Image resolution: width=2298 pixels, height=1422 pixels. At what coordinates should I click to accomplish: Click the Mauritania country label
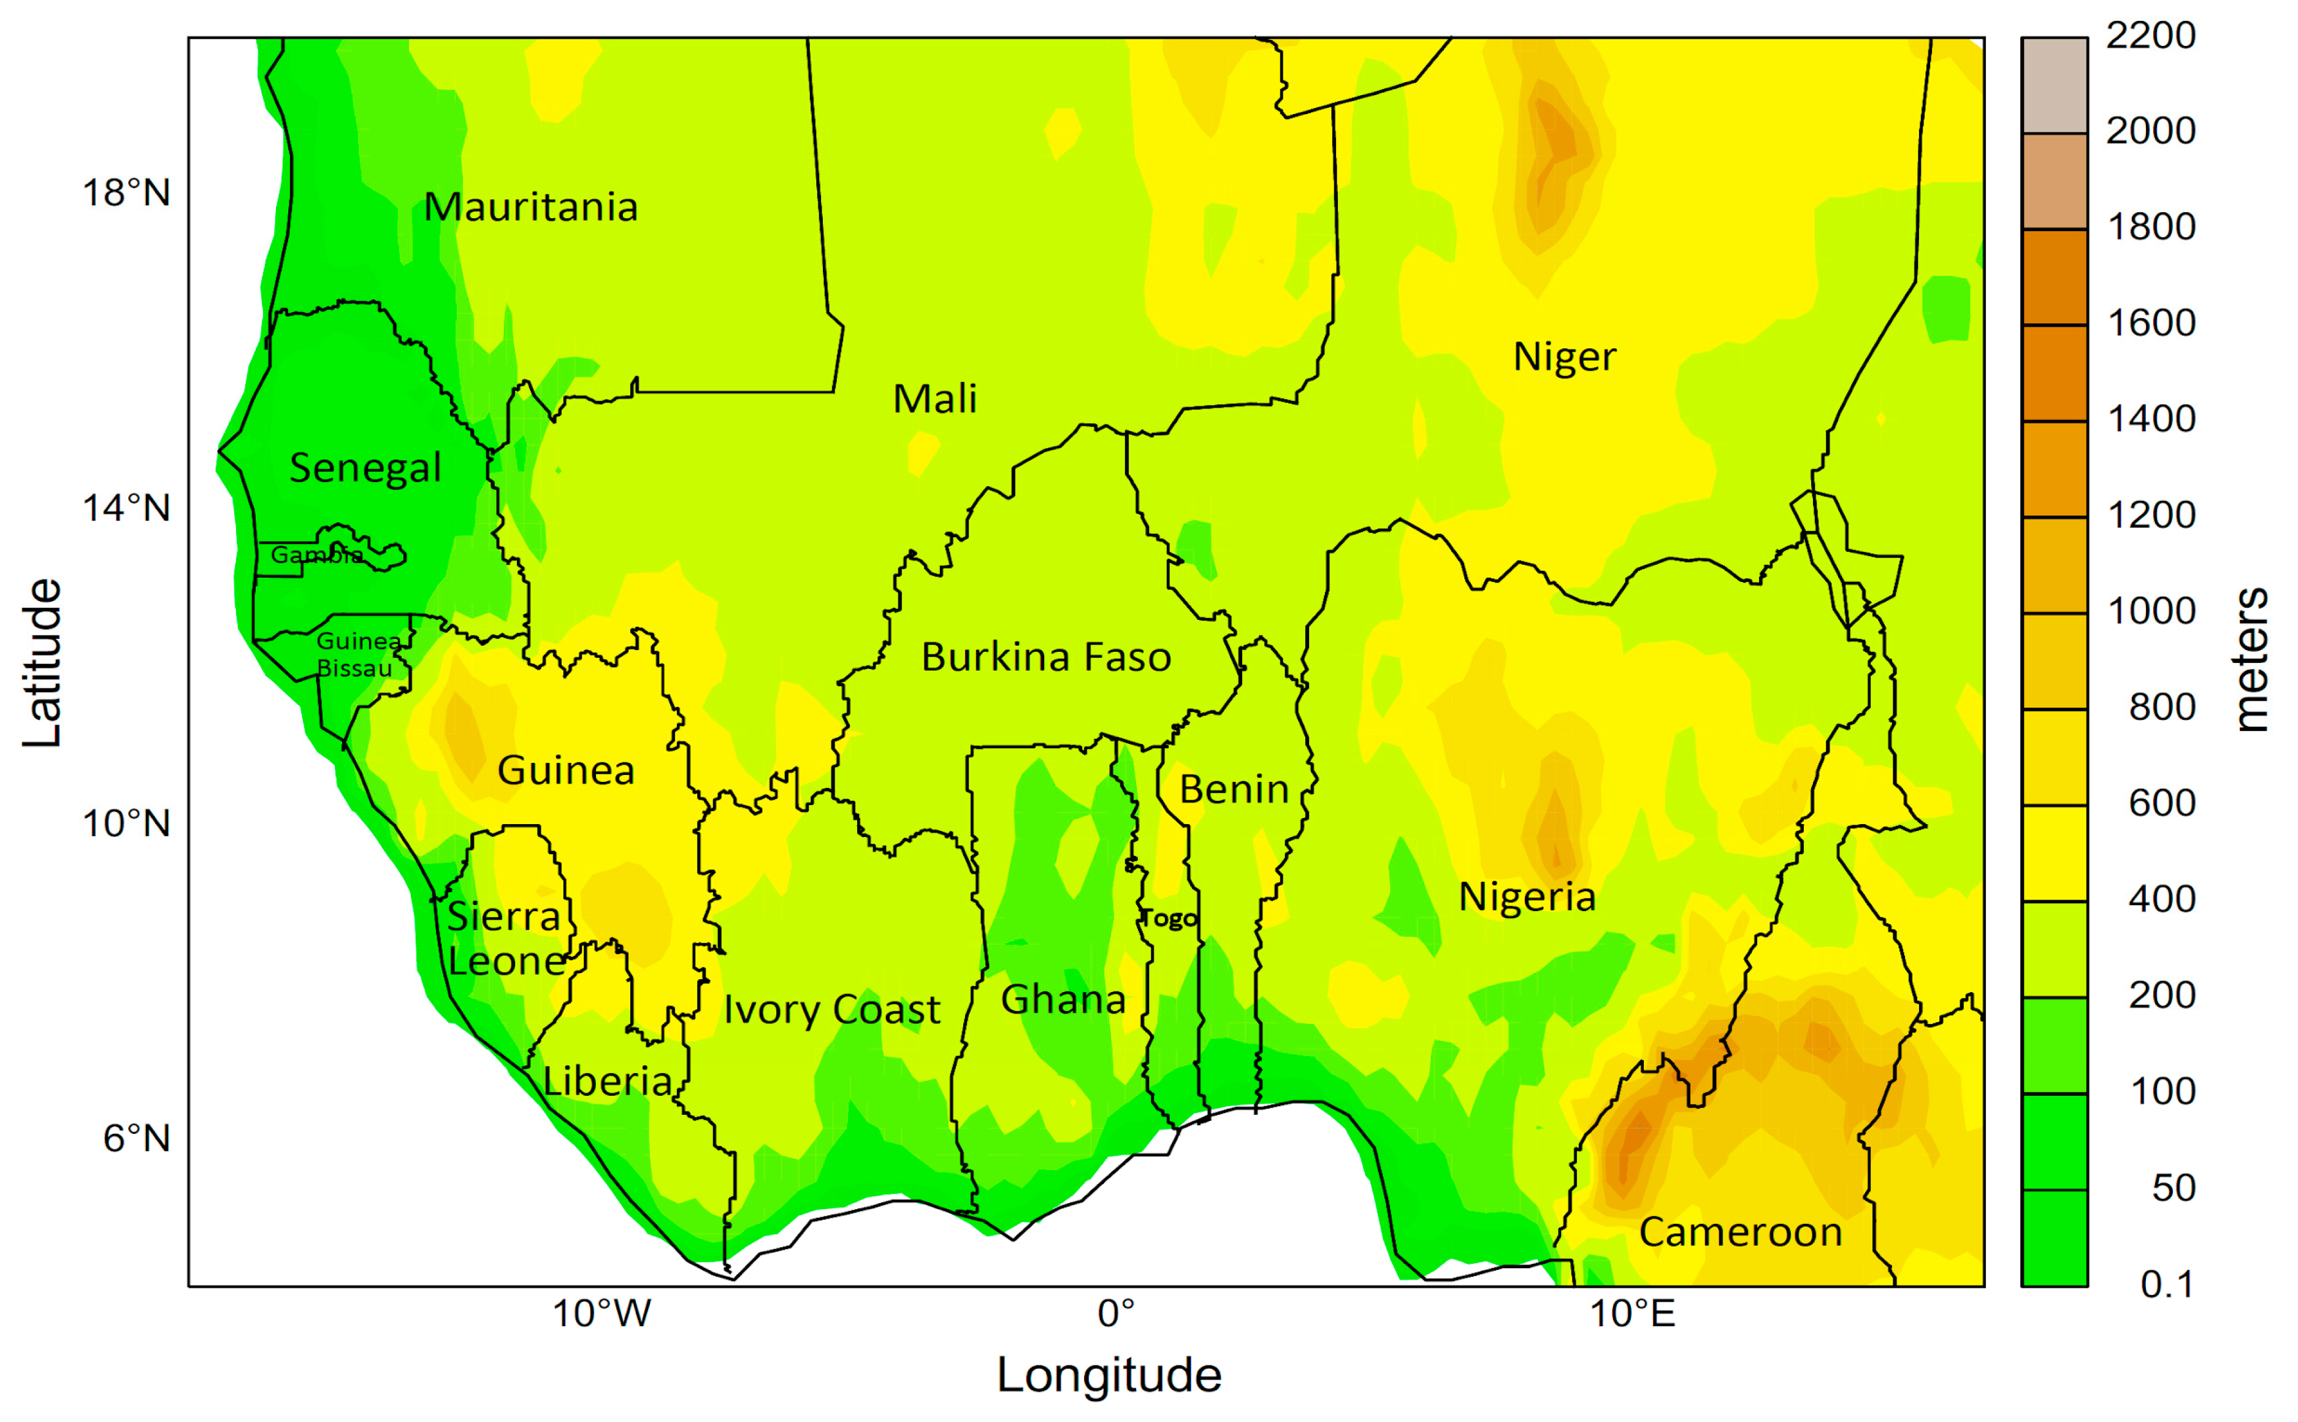[530, 207]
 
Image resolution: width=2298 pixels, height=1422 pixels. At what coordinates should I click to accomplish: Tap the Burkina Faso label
[1045, 657]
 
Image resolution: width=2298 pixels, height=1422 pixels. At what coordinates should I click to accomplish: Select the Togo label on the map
[1169, 919]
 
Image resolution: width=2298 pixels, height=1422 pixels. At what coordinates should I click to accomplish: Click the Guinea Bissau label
[356, 654]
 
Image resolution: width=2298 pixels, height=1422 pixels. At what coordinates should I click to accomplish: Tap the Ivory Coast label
[831, 1010]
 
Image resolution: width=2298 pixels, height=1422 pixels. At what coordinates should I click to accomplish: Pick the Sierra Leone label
[505, 939]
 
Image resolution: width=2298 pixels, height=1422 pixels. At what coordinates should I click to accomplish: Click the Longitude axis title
[1109, 1375]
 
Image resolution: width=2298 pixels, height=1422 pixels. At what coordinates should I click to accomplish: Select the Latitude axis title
[41, 663]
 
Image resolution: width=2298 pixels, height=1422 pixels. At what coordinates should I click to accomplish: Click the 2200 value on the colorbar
[2150, 36]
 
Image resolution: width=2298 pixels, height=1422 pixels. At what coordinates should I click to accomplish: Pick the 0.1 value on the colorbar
[2166, 1285]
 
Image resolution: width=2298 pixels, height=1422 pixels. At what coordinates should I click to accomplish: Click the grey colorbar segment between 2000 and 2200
[2055, 85]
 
